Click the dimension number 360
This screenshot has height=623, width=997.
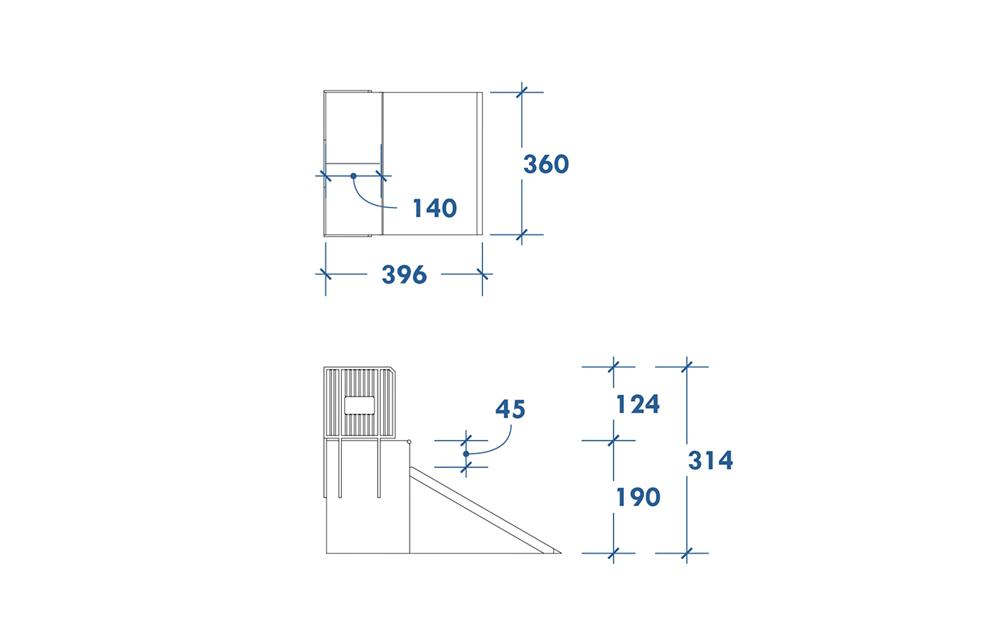click(546, 164)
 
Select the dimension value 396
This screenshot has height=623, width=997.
click(404, 275)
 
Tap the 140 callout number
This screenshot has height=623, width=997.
click(435, 208)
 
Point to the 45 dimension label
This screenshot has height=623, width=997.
click(510, 409)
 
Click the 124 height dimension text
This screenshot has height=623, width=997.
click(638, 404)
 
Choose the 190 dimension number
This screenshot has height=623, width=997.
click(638, 497)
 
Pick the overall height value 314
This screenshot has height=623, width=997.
click(710, 460)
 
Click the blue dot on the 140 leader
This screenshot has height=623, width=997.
click(354, 176)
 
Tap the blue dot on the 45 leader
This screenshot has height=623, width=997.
click(466, 454)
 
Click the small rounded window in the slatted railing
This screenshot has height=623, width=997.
click(359, 406)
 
